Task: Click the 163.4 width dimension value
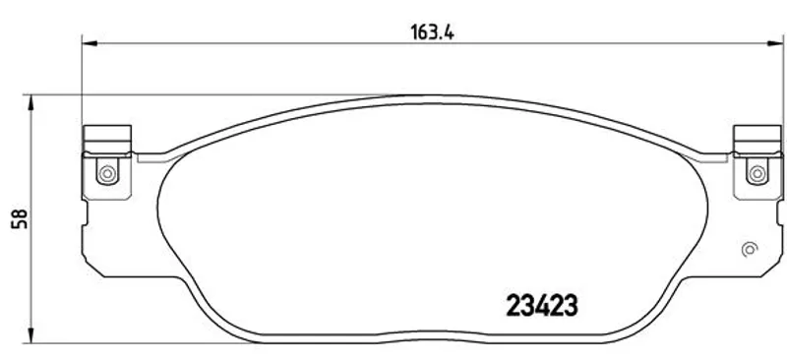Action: [x=432, y=32]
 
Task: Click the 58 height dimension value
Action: [x=20, y=219]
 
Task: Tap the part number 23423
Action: [x=542, y=306]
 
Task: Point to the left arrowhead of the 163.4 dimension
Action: [x=89, y=43]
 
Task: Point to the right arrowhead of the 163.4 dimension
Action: [x=775, y=43]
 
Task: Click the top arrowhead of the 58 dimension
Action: [x=31, y=102]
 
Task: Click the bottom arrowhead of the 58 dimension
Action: [x=31, y=335]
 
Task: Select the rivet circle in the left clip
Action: [x=107, y=174]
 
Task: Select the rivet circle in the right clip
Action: [x=757, y=174]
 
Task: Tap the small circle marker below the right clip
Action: [x=750, y=249]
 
